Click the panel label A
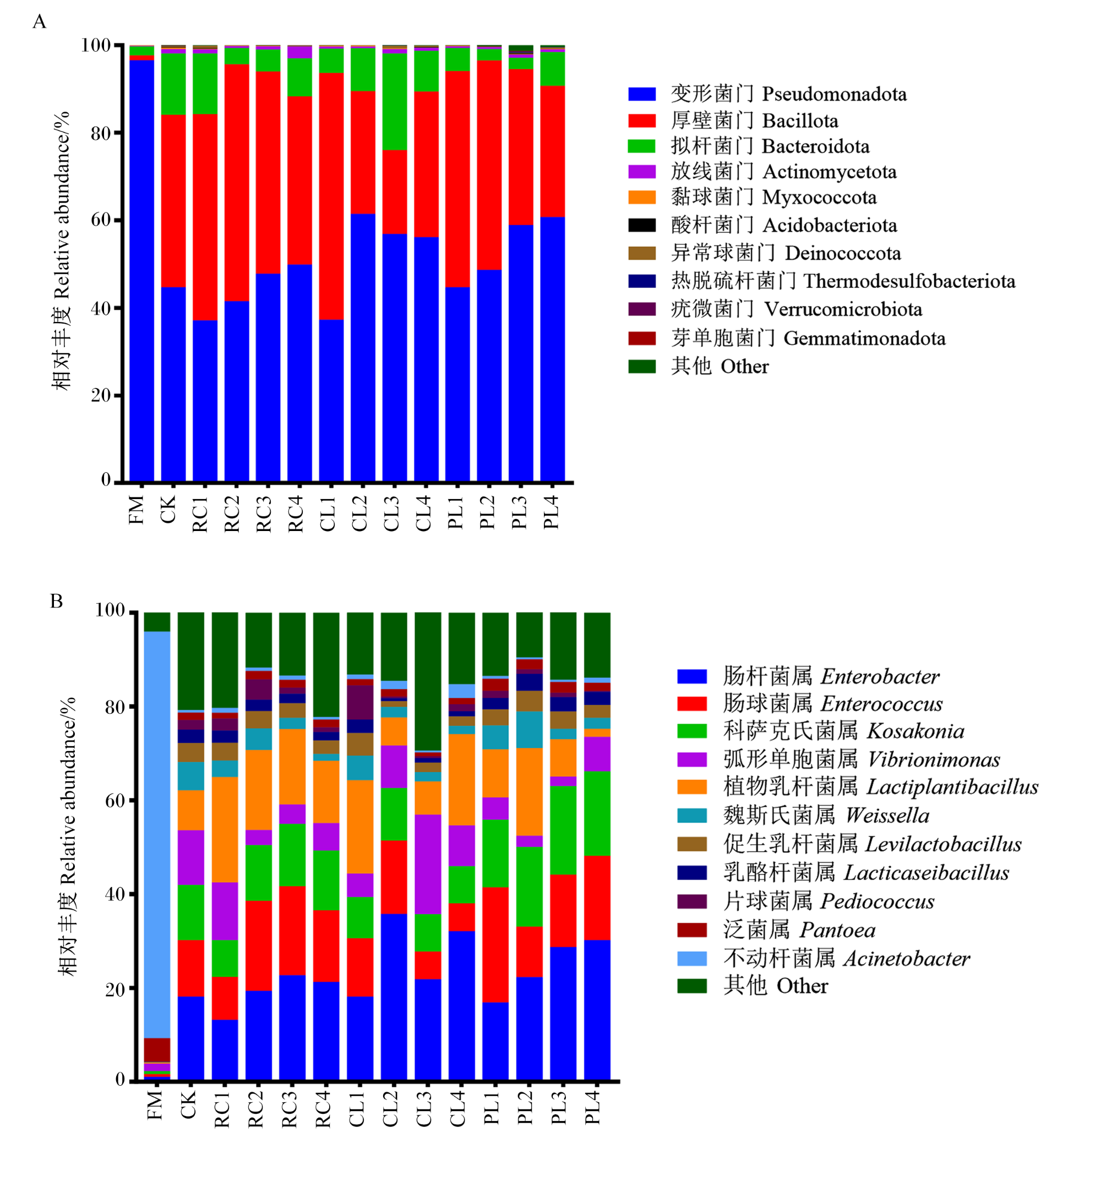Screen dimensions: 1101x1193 pos(39,22)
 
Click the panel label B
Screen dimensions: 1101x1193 pos(57,601)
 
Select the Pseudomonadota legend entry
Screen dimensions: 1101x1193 pos(767,94)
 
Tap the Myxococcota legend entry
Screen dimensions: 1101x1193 pos(753,197)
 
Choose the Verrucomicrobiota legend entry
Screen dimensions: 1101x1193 pos(775,309)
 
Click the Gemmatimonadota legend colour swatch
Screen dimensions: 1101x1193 pos(642,338)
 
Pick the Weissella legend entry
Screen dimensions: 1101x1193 pos(803,816)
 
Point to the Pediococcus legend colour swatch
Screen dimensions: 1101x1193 pos(691,901)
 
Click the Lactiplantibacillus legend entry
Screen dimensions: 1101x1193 pos(857,787)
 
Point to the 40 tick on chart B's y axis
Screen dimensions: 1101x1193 pos(116,895)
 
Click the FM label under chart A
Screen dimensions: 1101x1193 pos(137,510)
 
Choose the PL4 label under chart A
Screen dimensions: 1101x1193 pos(551,512)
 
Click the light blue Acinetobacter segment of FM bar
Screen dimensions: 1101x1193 pos(157,834)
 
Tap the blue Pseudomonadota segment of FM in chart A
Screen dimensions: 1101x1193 pos(142,270)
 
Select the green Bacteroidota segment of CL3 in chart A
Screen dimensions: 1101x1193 pos(394,101)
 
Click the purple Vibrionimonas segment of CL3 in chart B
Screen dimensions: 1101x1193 pos(428,864)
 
